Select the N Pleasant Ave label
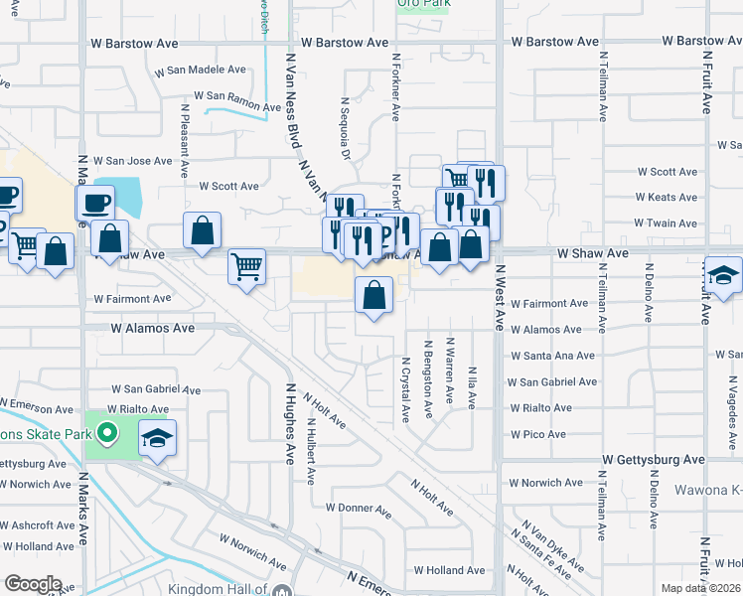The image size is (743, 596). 185,139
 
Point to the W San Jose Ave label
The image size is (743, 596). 133,161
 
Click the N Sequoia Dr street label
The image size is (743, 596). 346,128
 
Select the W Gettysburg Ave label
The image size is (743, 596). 653,460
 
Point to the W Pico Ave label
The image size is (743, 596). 537,434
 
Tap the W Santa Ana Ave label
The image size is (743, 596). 552,356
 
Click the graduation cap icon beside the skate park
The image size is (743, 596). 157,438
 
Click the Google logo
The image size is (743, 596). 33,584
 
